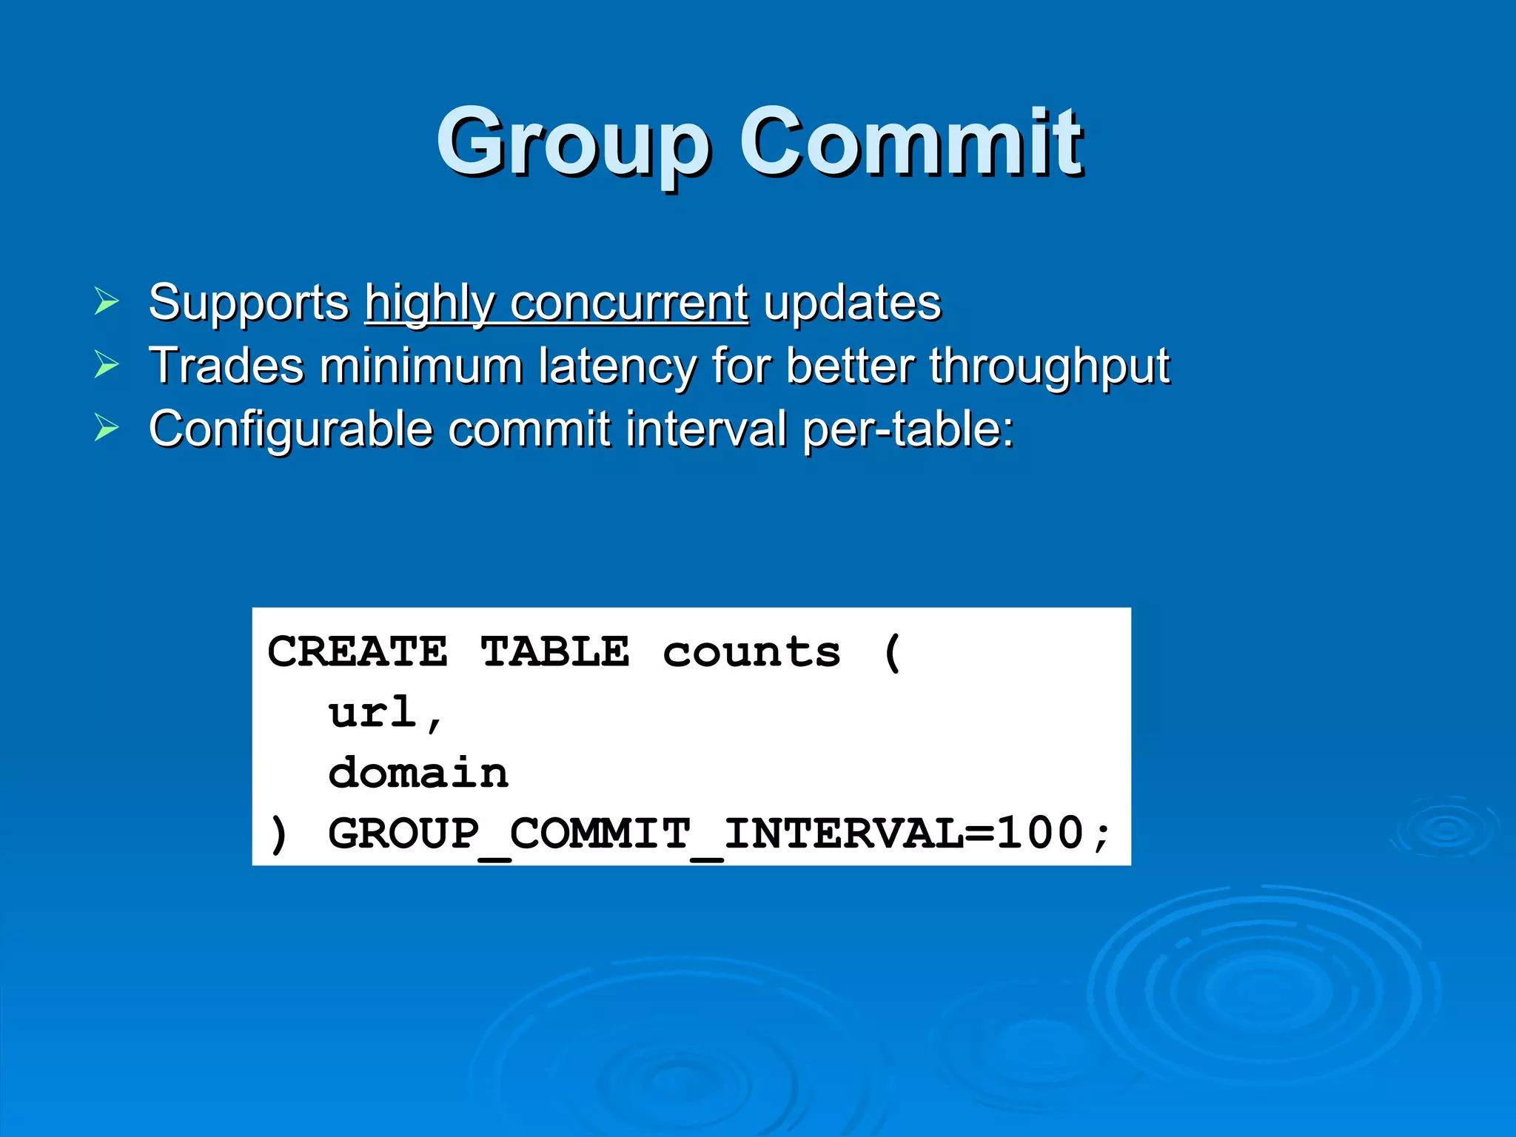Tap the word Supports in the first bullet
[x=249, y=303]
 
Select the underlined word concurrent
[x=628, y=303]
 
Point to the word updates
[x=852, y=303]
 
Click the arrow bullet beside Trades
[x=107, y=364]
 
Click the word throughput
[x=1050, y=366]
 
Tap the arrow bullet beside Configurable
[x=107, y=428]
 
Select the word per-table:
[x=909, y=429]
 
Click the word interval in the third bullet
[x=705, y=429]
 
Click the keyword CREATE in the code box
[x=358, y=652]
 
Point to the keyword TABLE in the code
[x=555, y=652]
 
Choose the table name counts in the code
[x=751, y=652]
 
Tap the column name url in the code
[x=373, y=713]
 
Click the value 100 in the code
[x=1041, y=834]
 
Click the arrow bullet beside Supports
[x=107, y=301]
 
